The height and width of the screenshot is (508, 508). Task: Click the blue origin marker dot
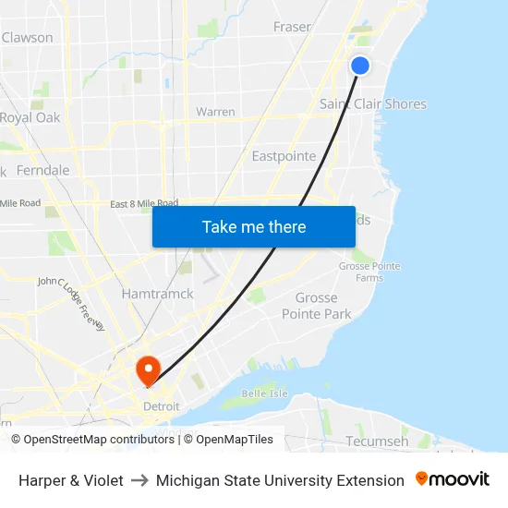click(360, 66)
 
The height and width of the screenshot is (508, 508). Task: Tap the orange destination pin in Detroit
click(148, 370)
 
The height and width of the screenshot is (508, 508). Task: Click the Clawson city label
click(28, 38)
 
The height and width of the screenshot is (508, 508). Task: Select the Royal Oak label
click(30, 117)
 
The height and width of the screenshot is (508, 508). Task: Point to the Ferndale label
click(42, 170)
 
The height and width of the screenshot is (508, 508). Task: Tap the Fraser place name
click(292, 27)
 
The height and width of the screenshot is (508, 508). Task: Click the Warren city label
click(215, 112)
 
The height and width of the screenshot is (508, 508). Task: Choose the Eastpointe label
click(284, 156)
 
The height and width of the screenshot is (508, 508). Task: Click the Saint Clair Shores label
click(372, 103)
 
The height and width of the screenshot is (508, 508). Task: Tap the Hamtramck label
click(158, 294)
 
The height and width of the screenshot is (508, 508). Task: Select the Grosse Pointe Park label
click(323, 306)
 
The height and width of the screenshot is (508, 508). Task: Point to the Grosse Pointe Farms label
click(369, 272)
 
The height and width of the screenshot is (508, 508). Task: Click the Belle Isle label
click(260, 393)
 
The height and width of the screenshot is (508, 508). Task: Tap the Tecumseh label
click(377, 441)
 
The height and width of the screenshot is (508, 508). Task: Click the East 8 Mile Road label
click(144, 203)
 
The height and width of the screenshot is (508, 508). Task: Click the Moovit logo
click(452, 479)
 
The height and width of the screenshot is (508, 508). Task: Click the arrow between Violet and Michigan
click(139, 480)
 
